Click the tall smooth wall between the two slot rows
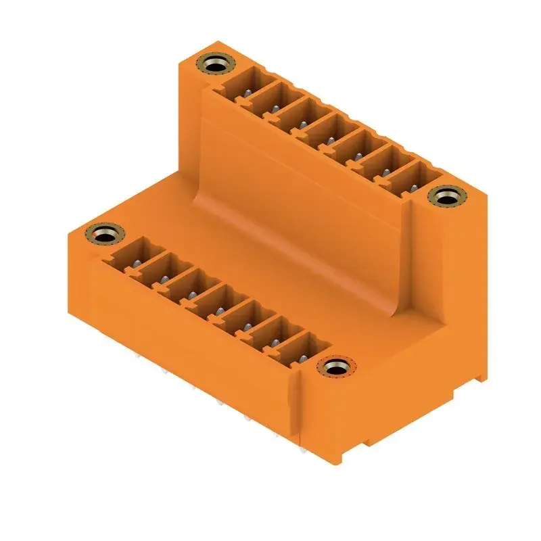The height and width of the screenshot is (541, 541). (304, 203)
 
